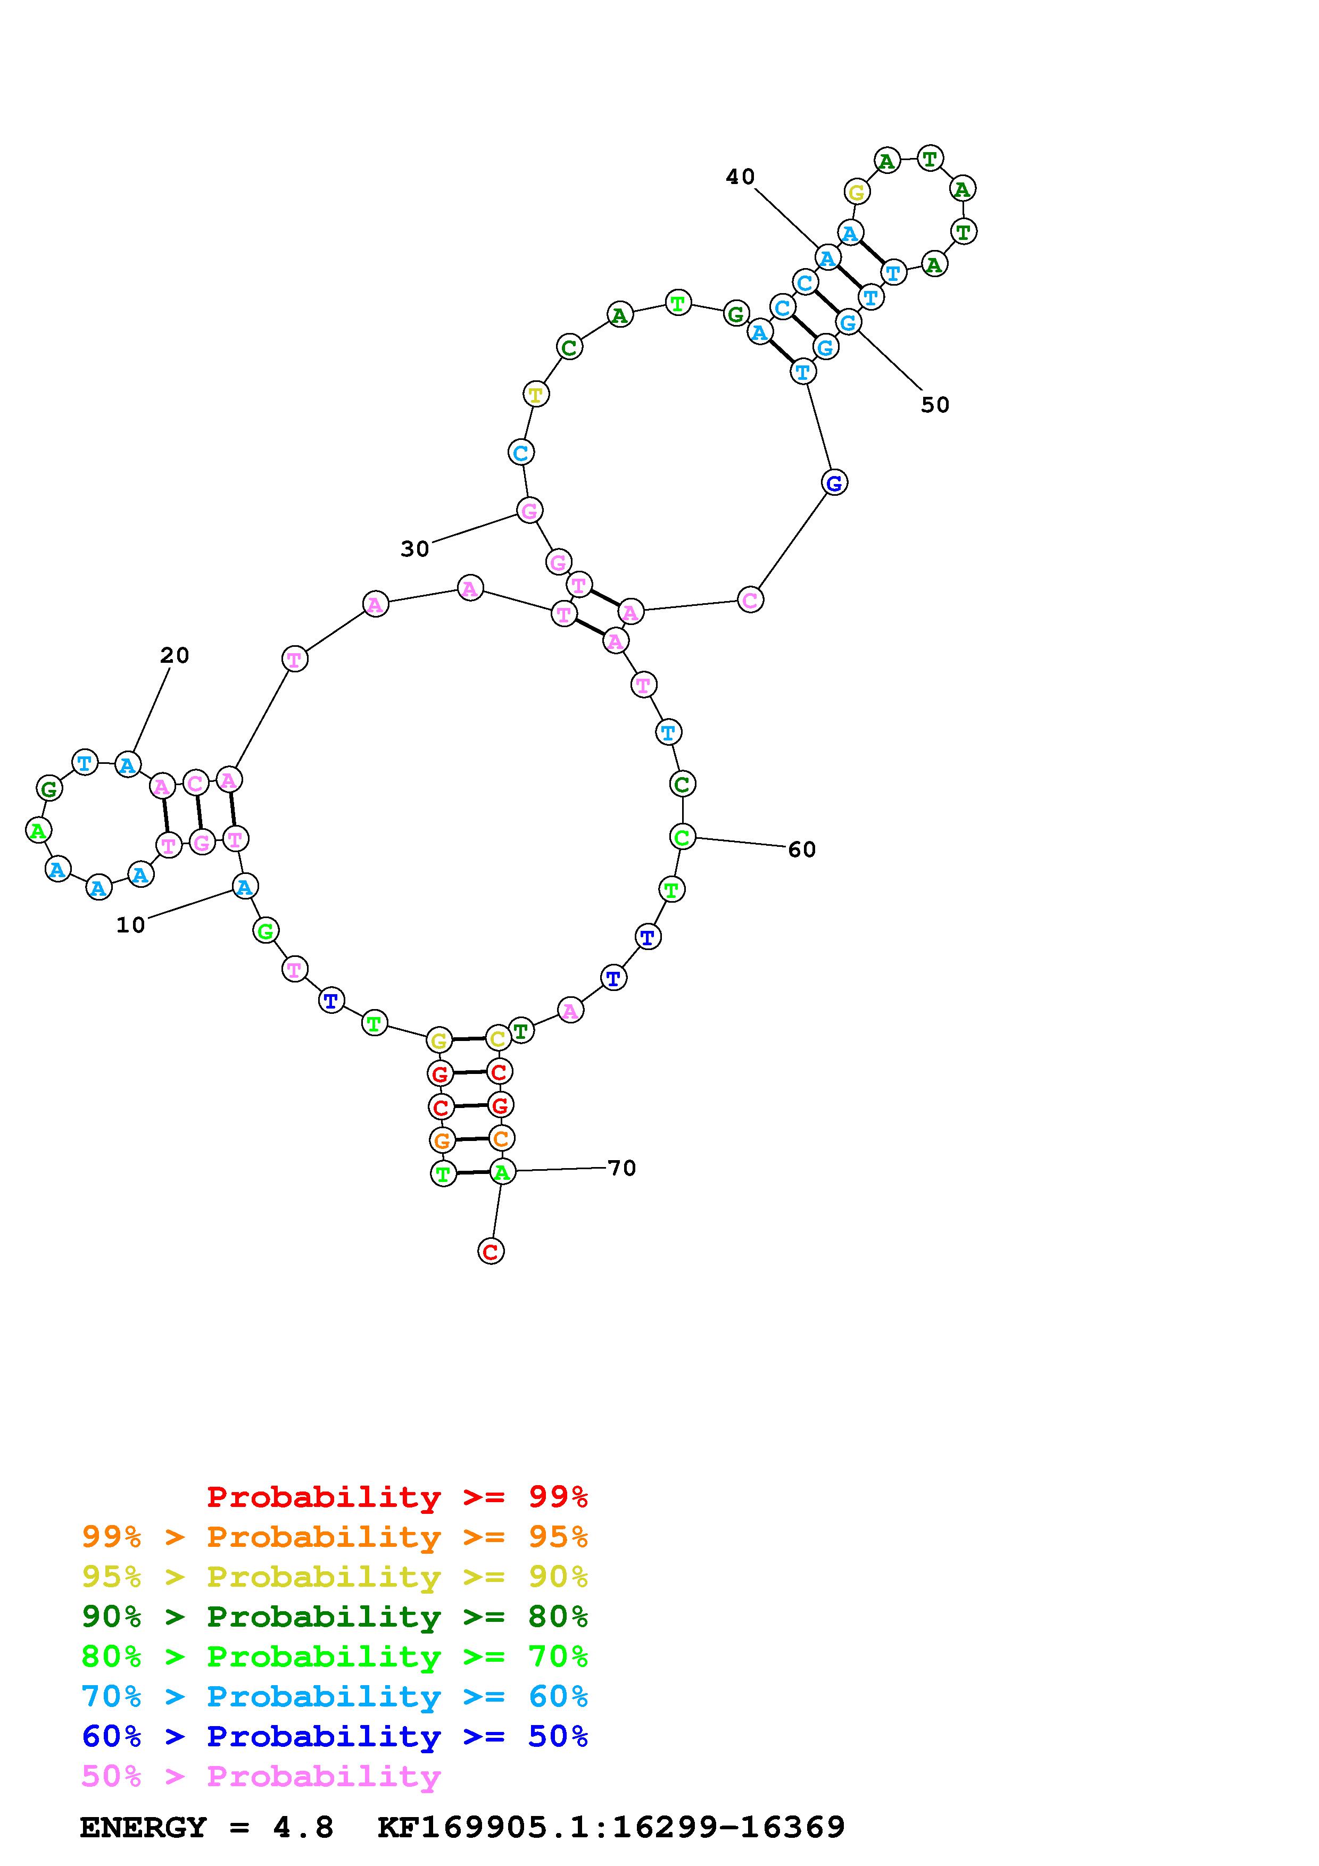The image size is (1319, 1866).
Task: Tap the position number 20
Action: pyautogui.click(x=174, y=655)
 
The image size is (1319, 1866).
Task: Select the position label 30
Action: pyautogui.click(x=414, y=549)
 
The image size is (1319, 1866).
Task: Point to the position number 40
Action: pyautogui.click(x=740, y=177)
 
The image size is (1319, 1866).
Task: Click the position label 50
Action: pyautogui.click(x=935, y=405)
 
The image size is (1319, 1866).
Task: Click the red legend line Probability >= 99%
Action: pyautogui.click(x=397, y=1496)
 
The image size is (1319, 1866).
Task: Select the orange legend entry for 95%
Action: pyautogui.click(x=335, y=1536)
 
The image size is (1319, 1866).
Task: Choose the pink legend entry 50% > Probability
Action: pyautogui.click(x=261, y=1776)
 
